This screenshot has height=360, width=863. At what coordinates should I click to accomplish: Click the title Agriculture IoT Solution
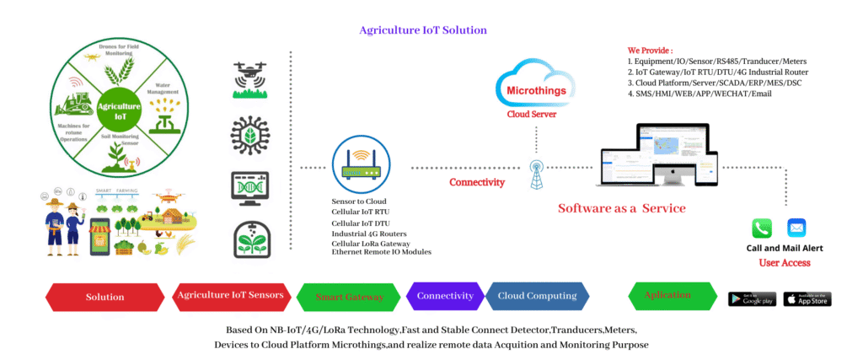pos(423,30)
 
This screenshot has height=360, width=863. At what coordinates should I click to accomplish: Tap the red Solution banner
pos(105,297)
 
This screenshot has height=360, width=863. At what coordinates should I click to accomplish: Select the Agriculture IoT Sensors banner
pos(233,296)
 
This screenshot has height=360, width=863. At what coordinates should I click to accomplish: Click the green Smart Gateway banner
pos(349,297)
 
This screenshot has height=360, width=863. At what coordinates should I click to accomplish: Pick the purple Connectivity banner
pos(444,296)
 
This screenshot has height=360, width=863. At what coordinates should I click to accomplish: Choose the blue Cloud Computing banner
pos(537,296)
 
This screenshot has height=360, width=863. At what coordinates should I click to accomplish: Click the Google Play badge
pos(752,299)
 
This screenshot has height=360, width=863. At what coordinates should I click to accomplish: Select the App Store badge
pos(807,299)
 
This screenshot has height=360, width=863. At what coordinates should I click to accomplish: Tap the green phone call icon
pos(761,228)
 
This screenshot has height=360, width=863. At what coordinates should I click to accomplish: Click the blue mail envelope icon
pos(796,228)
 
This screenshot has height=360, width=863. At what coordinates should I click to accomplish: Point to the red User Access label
pos(785,262)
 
